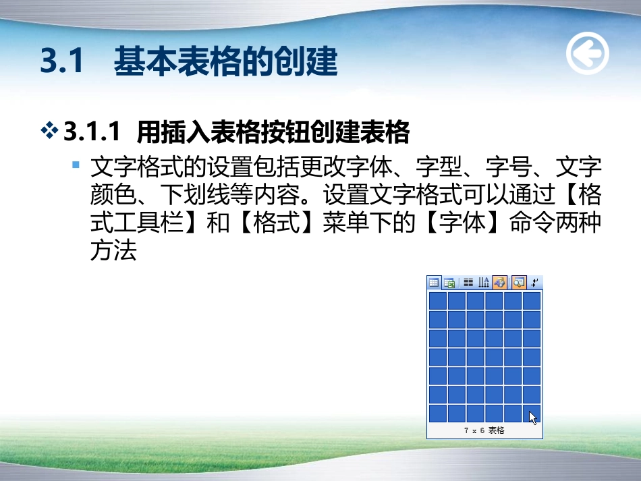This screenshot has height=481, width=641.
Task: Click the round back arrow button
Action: [587, 53]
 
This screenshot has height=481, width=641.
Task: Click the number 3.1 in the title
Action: [61, 62]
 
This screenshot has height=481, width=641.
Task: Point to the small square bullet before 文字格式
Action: [76, 165]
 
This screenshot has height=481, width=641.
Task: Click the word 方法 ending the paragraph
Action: [113, 251]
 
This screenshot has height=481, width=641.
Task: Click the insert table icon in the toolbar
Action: [434, 283]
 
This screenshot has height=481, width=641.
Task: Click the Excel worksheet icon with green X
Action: [449, 283]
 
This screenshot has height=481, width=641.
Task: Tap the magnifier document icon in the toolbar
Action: [518, 283]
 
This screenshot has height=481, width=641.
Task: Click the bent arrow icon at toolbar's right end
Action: [534, 283]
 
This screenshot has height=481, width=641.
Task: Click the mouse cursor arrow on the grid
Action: [533, 418]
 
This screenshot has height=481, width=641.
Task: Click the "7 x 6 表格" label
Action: [484, 430]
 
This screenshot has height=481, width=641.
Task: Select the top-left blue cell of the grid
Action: [437, 300]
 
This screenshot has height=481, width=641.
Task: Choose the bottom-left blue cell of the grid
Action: [437, 413]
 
